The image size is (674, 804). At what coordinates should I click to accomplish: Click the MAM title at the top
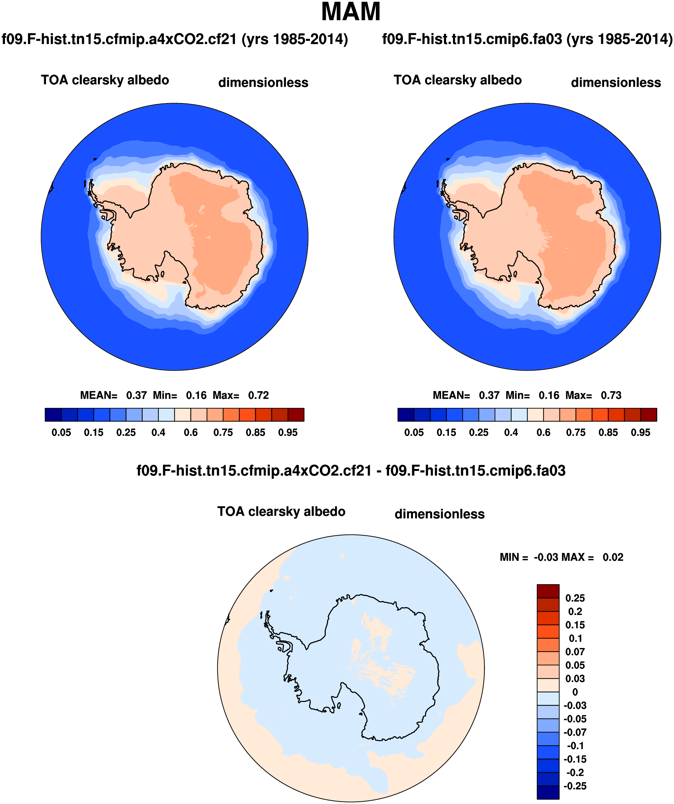351,12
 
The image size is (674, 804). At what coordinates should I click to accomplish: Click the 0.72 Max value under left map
258,395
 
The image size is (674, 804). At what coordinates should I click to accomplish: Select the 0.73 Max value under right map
611,395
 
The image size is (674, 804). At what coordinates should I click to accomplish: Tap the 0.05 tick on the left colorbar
61,433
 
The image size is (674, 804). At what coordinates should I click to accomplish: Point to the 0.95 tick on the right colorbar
640,433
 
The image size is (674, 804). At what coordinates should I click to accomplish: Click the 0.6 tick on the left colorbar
191,433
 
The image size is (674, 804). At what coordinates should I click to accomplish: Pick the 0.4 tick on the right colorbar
511,433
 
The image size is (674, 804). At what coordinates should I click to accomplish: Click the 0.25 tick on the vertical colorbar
575,598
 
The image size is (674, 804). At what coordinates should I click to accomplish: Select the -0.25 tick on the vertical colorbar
575,786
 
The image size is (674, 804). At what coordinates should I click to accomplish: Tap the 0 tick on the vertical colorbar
575,692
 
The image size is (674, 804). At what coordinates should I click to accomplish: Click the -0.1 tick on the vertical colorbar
575,746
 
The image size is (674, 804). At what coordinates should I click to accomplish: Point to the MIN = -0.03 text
530,557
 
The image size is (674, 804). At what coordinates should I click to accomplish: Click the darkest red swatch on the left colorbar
296,415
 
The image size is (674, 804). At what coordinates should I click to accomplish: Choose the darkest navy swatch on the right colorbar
405,415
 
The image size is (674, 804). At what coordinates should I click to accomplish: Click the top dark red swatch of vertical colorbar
548,591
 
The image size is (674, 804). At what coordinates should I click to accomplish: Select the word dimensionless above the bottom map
439,514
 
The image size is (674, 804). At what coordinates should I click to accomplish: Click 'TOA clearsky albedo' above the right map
458,80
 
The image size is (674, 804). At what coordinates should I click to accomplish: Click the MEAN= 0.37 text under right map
466,395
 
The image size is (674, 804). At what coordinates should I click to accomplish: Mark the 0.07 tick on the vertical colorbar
575,652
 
